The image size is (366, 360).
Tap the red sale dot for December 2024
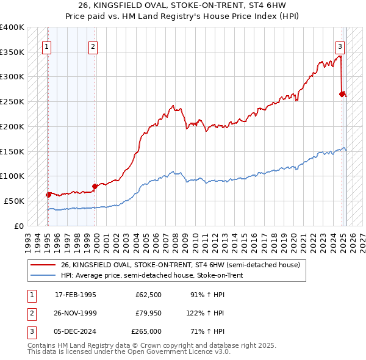(342, 94)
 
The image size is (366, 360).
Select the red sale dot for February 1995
(48, 195)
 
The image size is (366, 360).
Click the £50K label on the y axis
(14, 201)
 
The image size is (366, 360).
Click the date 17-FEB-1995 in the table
(76, 295)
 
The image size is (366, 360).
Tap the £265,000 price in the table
(146, 331)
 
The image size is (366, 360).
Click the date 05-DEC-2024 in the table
(76, 331)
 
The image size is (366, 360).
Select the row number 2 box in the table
(31, 313)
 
